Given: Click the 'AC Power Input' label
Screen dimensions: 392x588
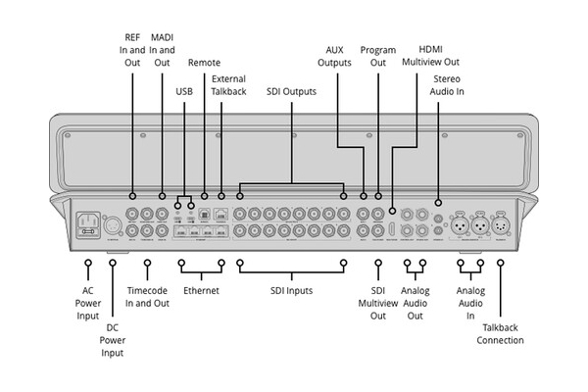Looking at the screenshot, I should tap(87, 304).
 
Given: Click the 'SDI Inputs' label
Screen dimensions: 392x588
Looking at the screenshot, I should tap(291, 291).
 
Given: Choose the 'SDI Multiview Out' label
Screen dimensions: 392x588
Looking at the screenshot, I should tap(379, 304).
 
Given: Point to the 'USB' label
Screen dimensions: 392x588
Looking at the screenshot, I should tap(184, 91).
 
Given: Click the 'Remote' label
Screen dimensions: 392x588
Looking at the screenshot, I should tap(204, 63).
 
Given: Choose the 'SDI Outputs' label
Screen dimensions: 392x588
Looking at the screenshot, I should tap(291, 91).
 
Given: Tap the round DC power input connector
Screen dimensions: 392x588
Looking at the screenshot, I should tap(113, 224).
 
